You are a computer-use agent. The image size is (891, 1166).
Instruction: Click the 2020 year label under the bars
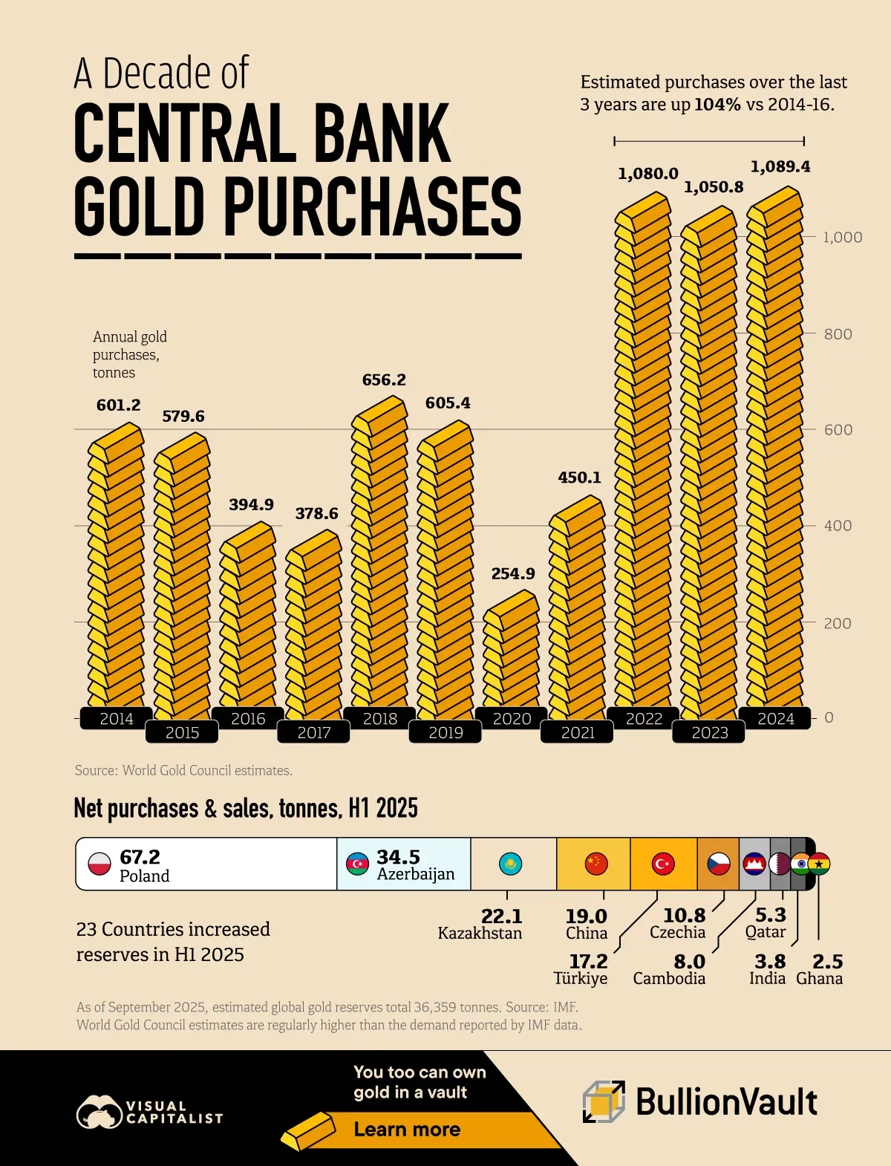tap(512, 718)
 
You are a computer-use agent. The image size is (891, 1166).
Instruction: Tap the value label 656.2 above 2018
tap(384, 380)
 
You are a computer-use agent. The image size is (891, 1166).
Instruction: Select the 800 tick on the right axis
tap(838, 334)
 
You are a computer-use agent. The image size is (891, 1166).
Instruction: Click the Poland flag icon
tap(99, 864)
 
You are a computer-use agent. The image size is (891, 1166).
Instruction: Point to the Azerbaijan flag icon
tap(358, 864)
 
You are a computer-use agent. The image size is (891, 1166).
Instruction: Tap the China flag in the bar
tap(596, 864)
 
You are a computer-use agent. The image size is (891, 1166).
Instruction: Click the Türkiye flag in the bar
tap(663, 864)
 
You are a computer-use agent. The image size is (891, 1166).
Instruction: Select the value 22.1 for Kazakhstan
tap(501, 916)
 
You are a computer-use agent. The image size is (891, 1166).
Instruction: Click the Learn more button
tap(407, 1130)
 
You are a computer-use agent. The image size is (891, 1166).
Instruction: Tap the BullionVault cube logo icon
tap(603, 1101)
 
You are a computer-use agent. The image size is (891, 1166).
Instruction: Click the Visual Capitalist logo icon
tap(99, 1113)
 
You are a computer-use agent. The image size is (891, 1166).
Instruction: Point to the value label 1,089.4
tap(780, 166)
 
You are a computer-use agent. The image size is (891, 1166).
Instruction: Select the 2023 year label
tap(709, 732)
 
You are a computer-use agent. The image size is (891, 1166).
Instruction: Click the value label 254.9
tap(513, 573)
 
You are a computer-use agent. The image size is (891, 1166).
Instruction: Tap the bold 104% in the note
tap(717, 105)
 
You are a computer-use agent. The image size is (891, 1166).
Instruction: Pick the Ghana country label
tap(819, 979)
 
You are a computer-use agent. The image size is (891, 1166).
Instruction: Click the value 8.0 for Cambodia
tap(689, 962)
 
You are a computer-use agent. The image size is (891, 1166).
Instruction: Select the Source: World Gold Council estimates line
tap(183, 770)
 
